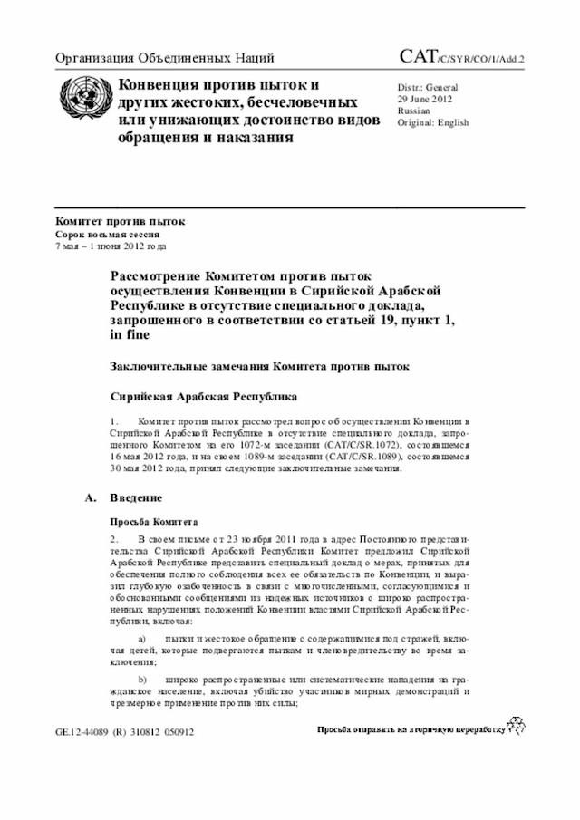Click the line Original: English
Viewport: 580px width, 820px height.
433,121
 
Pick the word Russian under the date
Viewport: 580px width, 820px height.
414,110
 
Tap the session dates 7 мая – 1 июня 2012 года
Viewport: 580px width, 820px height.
111,246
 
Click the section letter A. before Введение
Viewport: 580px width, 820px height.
89,498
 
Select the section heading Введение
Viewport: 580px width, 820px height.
136,498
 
